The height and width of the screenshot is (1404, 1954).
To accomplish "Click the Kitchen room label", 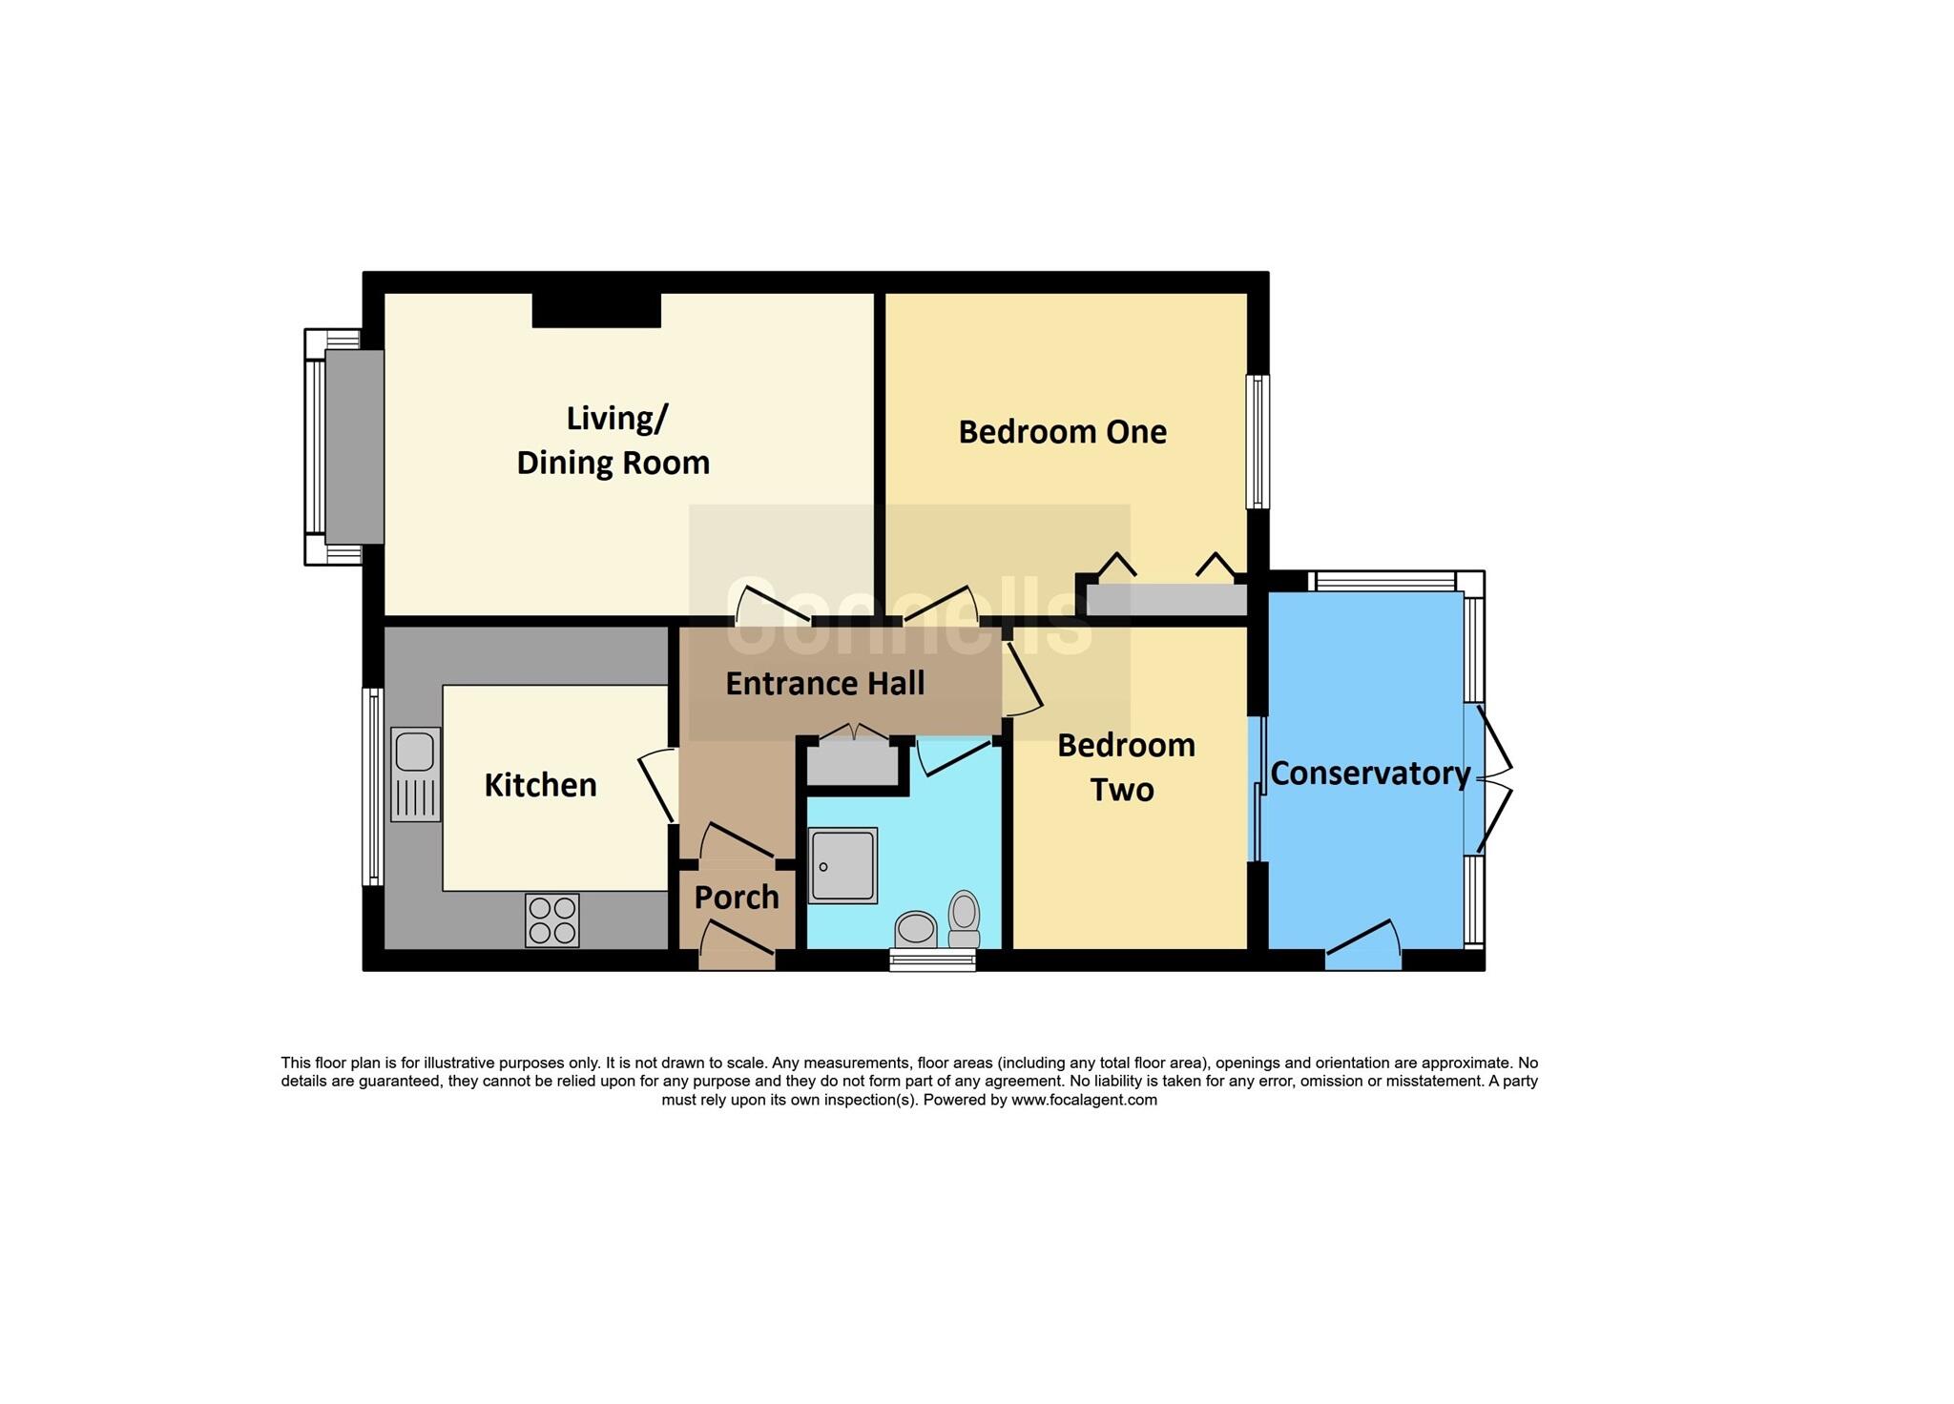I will tap(540, 785).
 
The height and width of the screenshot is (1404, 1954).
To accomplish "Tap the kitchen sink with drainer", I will tap(416, 774).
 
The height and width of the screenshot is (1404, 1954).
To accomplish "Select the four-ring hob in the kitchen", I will tap(551, 920).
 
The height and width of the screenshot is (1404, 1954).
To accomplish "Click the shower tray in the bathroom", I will tap(842, 865).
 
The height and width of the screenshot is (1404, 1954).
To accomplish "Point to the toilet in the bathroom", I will tap(965, 919).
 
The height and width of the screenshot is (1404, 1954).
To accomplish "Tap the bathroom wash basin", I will tap(916, 928).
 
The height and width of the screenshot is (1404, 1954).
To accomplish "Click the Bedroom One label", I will tap(1062, 432).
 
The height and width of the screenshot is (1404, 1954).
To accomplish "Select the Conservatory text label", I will tap(1370, 774).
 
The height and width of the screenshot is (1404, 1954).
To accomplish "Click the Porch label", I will tap(737, 898).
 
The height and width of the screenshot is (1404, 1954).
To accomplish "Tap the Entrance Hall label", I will tap(824, 684).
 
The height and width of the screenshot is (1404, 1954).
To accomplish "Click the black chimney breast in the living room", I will tap(596, 310).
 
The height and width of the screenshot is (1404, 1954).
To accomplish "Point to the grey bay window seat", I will tap(354, 446).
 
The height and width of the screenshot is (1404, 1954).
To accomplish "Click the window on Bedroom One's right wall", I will tap(1258, 441).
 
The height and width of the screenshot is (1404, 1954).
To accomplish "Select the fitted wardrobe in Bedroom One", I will tap(1166, 600).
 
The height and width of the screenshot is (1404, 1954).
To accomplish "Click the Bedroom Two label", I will tap(1125, 767).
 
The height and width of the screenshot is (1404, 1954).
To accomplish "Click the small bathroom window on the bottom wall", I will tap(932, 960).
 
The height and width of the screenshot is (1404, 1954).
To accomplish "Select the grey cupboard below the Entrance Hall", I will tap(852, 765).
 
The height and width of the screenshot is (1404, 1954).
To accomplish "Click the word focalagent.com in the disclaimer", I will tap(1084, 1100).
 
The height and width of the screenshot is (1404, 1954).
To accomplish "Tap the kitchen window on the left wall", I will tap(373, 786).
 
